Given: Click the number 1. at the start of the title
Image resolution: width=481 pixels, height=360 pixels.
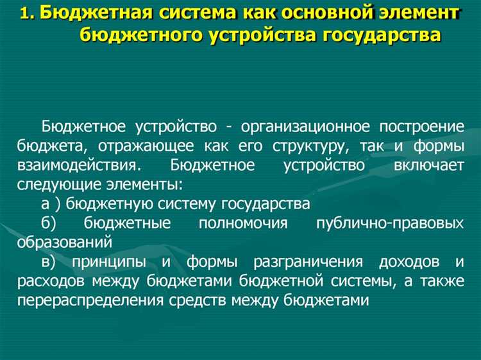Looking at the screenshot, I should (x=28, y=13).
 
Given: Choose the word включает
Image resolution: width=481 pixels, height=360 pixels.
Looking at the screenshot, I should (x=428, y=165).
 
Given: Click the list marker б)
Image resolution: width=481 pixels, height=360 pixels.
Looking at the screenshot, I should (x=49, y=224).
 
